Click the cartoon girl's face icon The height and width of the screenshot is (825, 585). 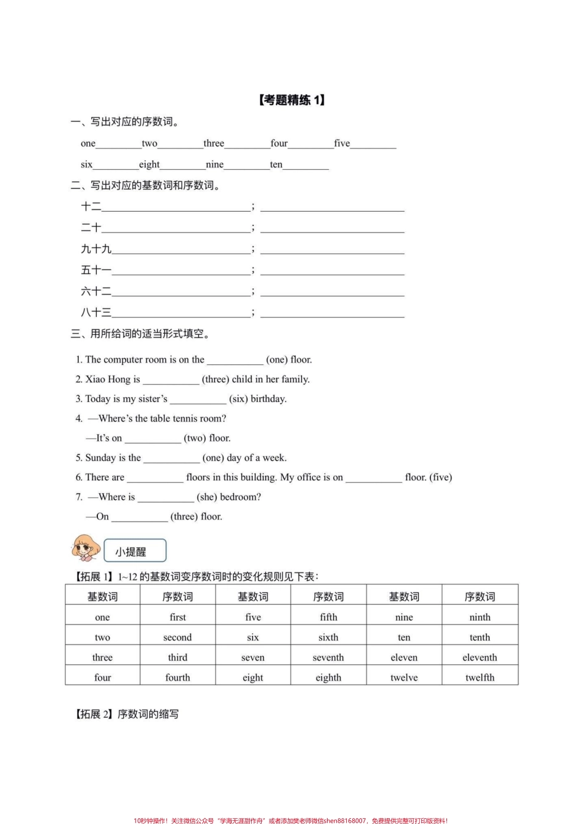(86, 547)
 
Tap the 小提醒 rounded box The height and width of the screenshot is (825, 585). (134, 552)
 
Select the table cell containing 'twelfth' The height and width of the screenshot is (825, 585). (480, 677)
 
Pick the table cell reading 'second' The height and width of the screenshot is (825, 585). (177, 637)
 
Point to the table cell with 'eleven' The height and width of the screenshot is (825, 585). (404, 658)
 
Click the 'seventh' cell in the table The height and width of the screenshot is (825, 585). (328, 658)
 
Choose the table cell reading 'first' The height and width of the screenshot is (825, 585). (177, 617)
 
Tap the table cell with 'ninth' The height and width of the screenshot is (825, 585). (480, 617)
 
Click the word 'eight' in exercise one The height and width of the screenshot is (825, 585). (149, 164)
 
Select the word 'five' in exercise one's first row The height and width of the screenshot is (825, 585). (342, 143)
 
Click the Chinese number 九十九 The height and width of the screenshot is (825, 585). (96, 249)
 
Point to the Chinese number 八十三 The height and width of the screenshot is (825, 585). (96, 312)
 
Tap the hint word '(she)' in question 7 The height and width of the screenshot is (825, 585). (207, 497)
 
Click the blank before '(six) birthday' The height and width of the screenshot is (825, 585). (198, 400)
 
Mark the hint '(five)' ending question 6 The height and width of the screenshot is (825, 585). (440, 477)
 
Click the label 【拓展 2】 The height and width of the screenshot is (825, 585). (95, 714)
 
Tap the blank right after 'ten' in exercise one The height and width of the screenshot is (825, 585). (306, 166)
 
